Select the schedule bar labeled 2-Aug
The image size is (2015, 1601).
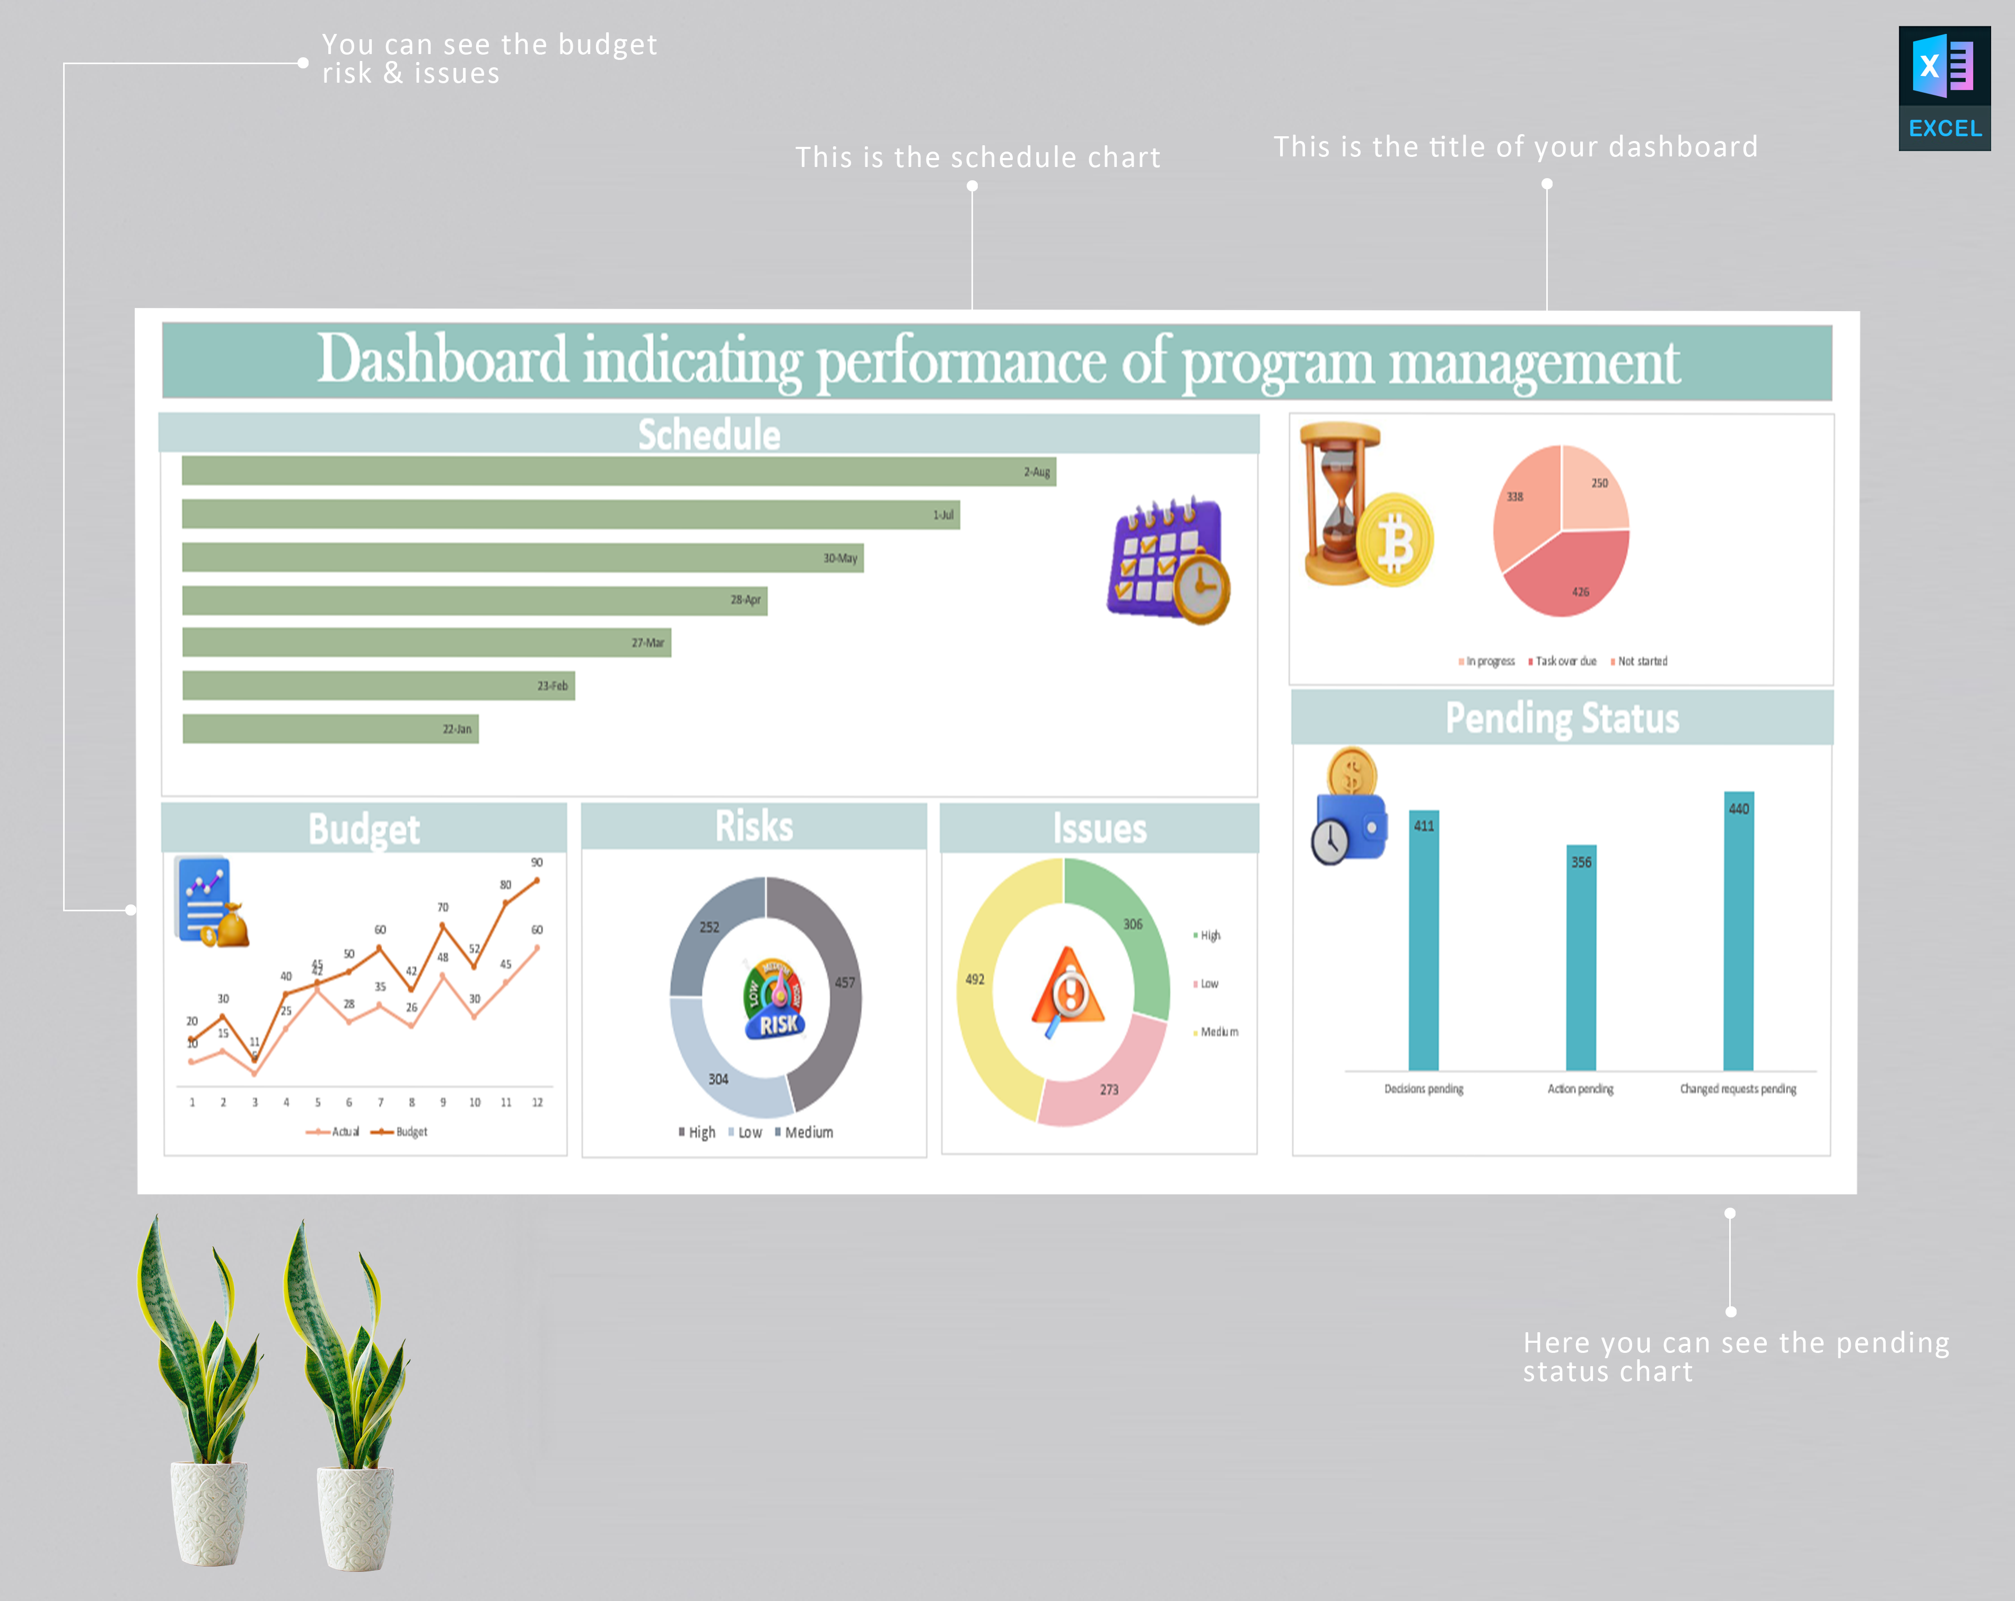(x=617, y=471)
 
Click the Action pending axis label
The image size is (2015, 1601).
(x=1580, y=1089)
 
